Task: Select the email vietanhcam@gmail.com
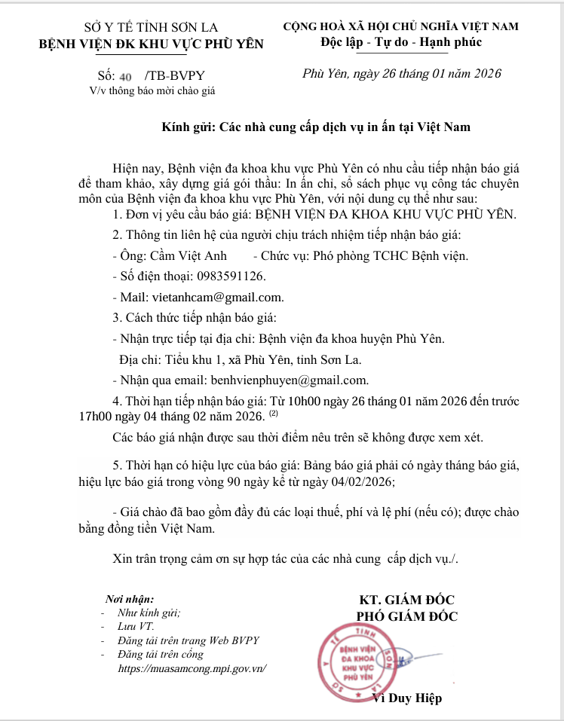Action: [x=218, y=297]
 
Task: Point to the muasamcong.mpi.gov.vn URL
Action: [x=193, y=668]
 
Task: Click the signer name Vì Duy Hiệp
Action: [x=407, y=698]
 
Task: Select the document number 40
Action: [x=126, y=77]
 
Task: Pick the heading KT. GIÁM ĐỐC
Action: [x=407, y=600]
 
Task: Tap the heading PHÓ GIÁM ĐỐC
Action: [x=407, y=616]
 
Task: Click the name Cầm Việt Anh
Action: [x=189, y=255]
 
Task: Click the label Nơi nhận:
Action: [x=130, y=599]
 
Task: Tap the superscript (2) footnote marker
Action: [x=274, y=414]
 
